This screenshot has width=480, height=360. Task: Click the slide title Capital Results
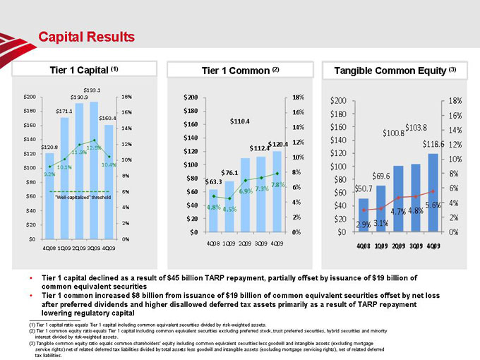click(x=85, y=36)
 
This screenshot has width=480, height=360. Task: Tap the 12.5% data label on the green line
click(x=94, y=148)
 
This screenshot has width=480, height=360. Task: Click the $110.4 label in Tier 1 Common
click(x=240, y=121)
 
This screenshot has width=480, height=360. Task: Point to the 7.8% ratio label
click(x=277, y=185)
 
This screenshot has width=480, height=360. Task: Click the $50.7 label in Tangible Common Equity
click(x=364, y=188)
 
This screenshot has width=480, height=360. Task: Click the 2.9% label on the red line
click(x=364, y=224)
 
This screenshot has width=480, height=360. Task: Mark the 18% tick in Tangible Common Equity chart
click(x=455, y=101)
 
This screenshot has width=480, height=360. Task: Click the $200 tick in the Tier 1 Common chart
click(x=190, y=97)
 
